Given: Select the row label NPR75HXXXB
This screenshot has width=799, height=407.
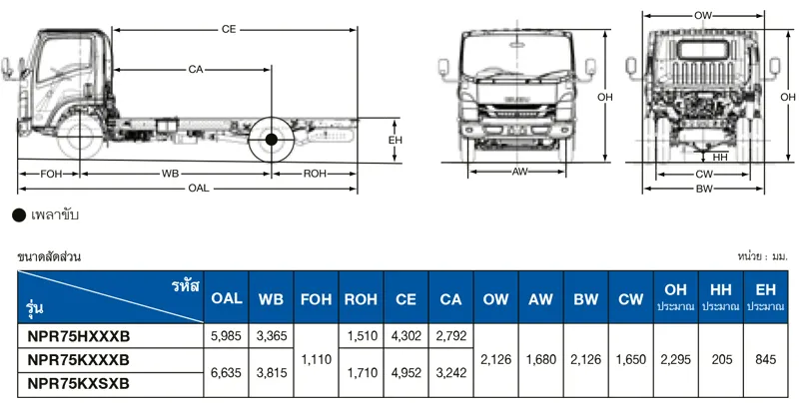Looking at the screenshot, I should [x=80, y=336].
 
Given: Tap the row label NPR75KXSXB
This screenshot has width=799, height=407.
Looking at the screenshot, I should [x=80, y=383].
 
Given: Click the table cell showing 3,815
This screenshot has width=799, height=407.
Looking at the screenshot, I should [x=271, y=371].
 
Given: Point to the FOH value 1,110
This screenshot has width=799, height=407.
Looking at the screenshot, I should [x=316, y=360].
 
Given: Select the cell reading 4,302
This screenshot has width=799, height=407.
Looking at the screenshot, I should [x=405, y=336].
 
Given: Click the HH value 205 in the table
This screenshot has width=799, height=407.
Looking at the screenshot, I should [x=719, y=360].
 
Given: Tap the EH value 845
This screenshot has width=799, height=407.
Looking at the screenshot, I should [x=765, y=360].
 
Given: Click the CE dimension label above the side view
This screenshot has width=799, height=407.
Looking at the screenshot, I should [x=229, y=31].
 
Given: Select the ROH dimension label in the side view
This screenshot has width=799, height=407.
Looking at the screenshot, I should [x=315, y=174].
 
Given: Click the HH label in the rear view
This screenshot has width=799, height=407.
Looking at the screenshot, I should [x=720, y=158].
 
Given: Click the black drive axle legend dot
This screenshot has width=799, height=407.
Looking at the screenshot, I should [x=18, y=214].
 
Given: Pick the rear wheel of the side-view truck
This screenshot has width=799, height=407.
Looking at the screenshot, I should [x=272, y=139].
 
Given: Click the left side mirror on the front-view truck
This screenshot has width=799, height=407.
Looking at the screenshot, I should [x=442, y=69].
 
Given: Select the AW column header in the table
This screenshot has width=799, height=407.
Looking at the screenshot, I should [x=540, y=298].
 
